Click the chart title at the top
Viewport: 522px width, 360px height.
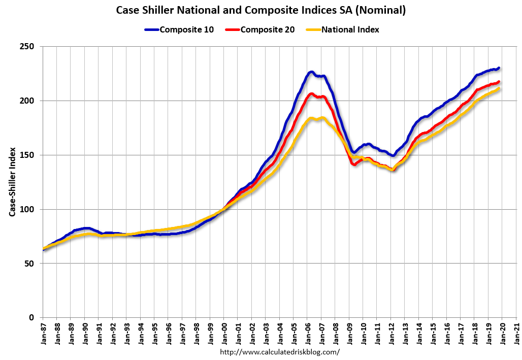(x=261, y=10)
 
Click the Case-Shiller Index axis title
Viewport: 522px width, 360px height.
(x=12, y=182)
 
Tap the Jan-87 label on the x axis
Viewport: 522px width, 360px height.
(x=43, y=333)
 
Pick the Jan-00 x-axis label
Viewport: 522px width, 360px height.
(x=224, y=333)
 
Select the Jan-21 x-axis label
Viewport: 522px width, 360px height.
(x=516, y=333)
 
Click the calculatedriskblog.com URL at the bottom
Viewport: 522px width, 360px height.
(x=280, y=351)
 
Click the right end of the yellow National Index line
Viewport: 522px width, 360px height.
(x=499, y=88)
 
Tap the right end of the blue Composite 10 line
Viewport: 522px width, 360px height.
(x=499, y=68)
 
